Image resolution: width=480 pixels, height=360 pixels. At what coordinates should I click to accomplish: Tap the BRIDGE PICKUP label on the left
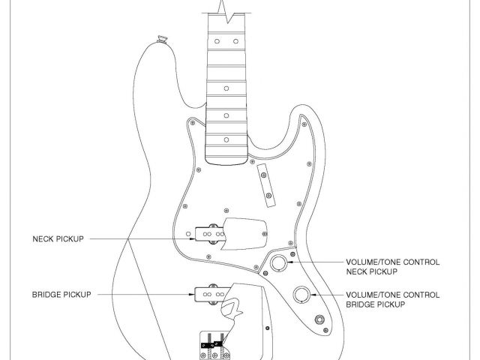(61, 295)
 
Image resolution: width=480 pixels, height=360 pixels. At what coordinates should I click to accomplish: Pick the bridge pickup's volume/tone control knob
(302, 294)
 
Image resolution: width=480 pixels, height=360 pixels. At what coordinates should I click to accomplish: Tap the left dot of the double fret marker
(214, 38)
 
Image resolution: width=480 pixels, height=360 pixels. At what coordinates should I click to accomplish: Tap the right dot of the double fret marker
(235, 38)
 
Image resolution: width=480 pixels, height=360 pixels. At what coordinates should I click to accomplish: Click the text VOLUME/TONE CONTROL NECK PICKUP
(391, 267)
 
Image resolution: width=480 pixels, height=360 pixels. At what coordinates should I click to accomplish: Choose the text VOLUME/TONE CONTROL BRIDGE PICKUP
(391, 300)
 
